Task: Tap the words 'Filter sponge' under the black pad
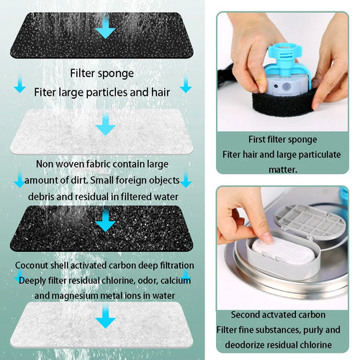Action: tap(102, 73)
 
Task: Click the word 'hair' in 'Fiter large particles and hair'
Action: tap(161, 92)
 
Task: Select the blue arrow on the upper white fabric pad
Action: tap(105, 124)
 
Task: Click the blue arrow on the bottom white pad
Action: tap(105, 315)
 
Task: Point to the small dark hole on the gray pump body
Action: tap(276, 86)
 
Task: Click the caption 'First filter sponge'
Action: tap(282, 140)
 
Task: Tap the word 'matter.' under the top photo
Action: tap(283, 170)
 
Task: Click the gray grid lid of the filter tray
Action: tap(310, 221)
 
